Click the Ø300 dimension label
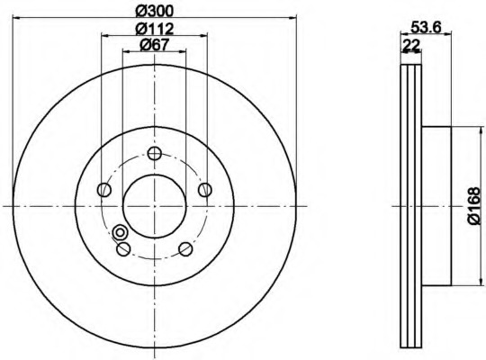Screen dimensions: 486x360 point(155,12)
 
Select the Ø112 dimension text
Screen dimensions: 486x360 point(155,29)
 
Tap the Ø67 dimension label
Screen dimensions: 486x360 point(155,45)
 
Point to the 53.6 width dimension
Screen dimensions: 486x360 point(426,28)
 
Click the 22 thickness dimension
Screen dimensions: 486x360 point(410,46)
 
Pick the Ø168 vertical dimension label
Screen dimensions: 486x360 point(474,205)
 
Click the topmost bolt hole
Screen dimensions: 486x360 point(155,153)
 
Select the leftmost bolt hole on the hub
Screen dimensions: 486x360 point(104,190)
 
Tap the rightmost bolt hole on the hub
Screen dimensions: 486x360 point(205,190)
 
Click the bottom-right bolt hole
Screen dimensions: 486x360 point(185,248)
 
